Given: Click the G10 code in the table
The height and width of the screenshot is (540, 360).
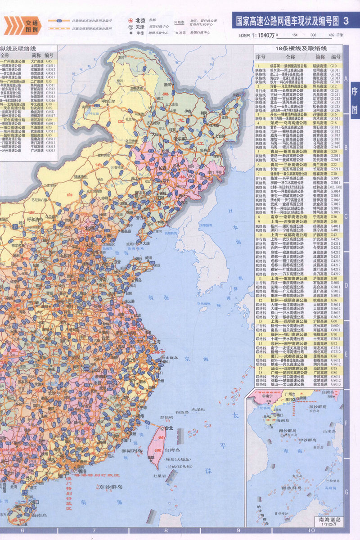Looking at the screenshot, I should coord(333,65).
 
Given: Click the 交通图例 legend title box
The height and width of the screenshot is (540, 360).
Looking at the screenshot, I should coord(32,25).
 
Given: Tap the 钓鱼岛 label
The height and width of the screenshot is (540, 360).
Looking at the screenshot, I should coord(184,412).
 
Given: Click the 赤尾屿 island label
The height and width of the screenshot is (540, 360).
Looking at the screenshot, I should coord(198,409).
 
